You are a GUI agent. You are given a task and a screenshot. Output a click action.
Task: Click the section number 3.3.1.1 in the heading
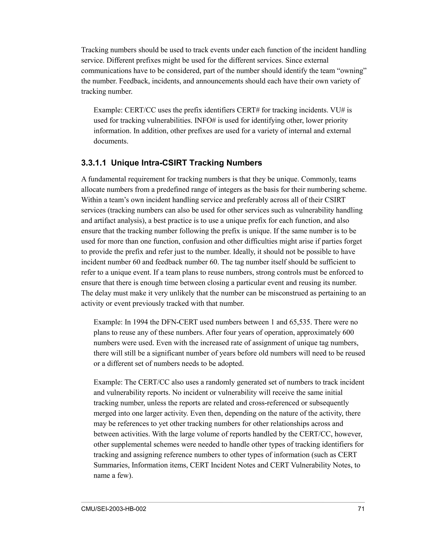click(94, 163)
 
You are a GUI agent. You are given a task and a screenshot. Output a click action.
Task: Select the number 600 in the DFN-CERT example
click(348, 333)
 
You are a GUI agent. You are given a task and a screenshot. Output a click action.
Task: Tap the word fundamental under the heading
click(107, 179)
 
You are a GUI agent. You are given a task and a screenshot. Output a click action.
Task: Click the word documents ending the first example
click(111, 141)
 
